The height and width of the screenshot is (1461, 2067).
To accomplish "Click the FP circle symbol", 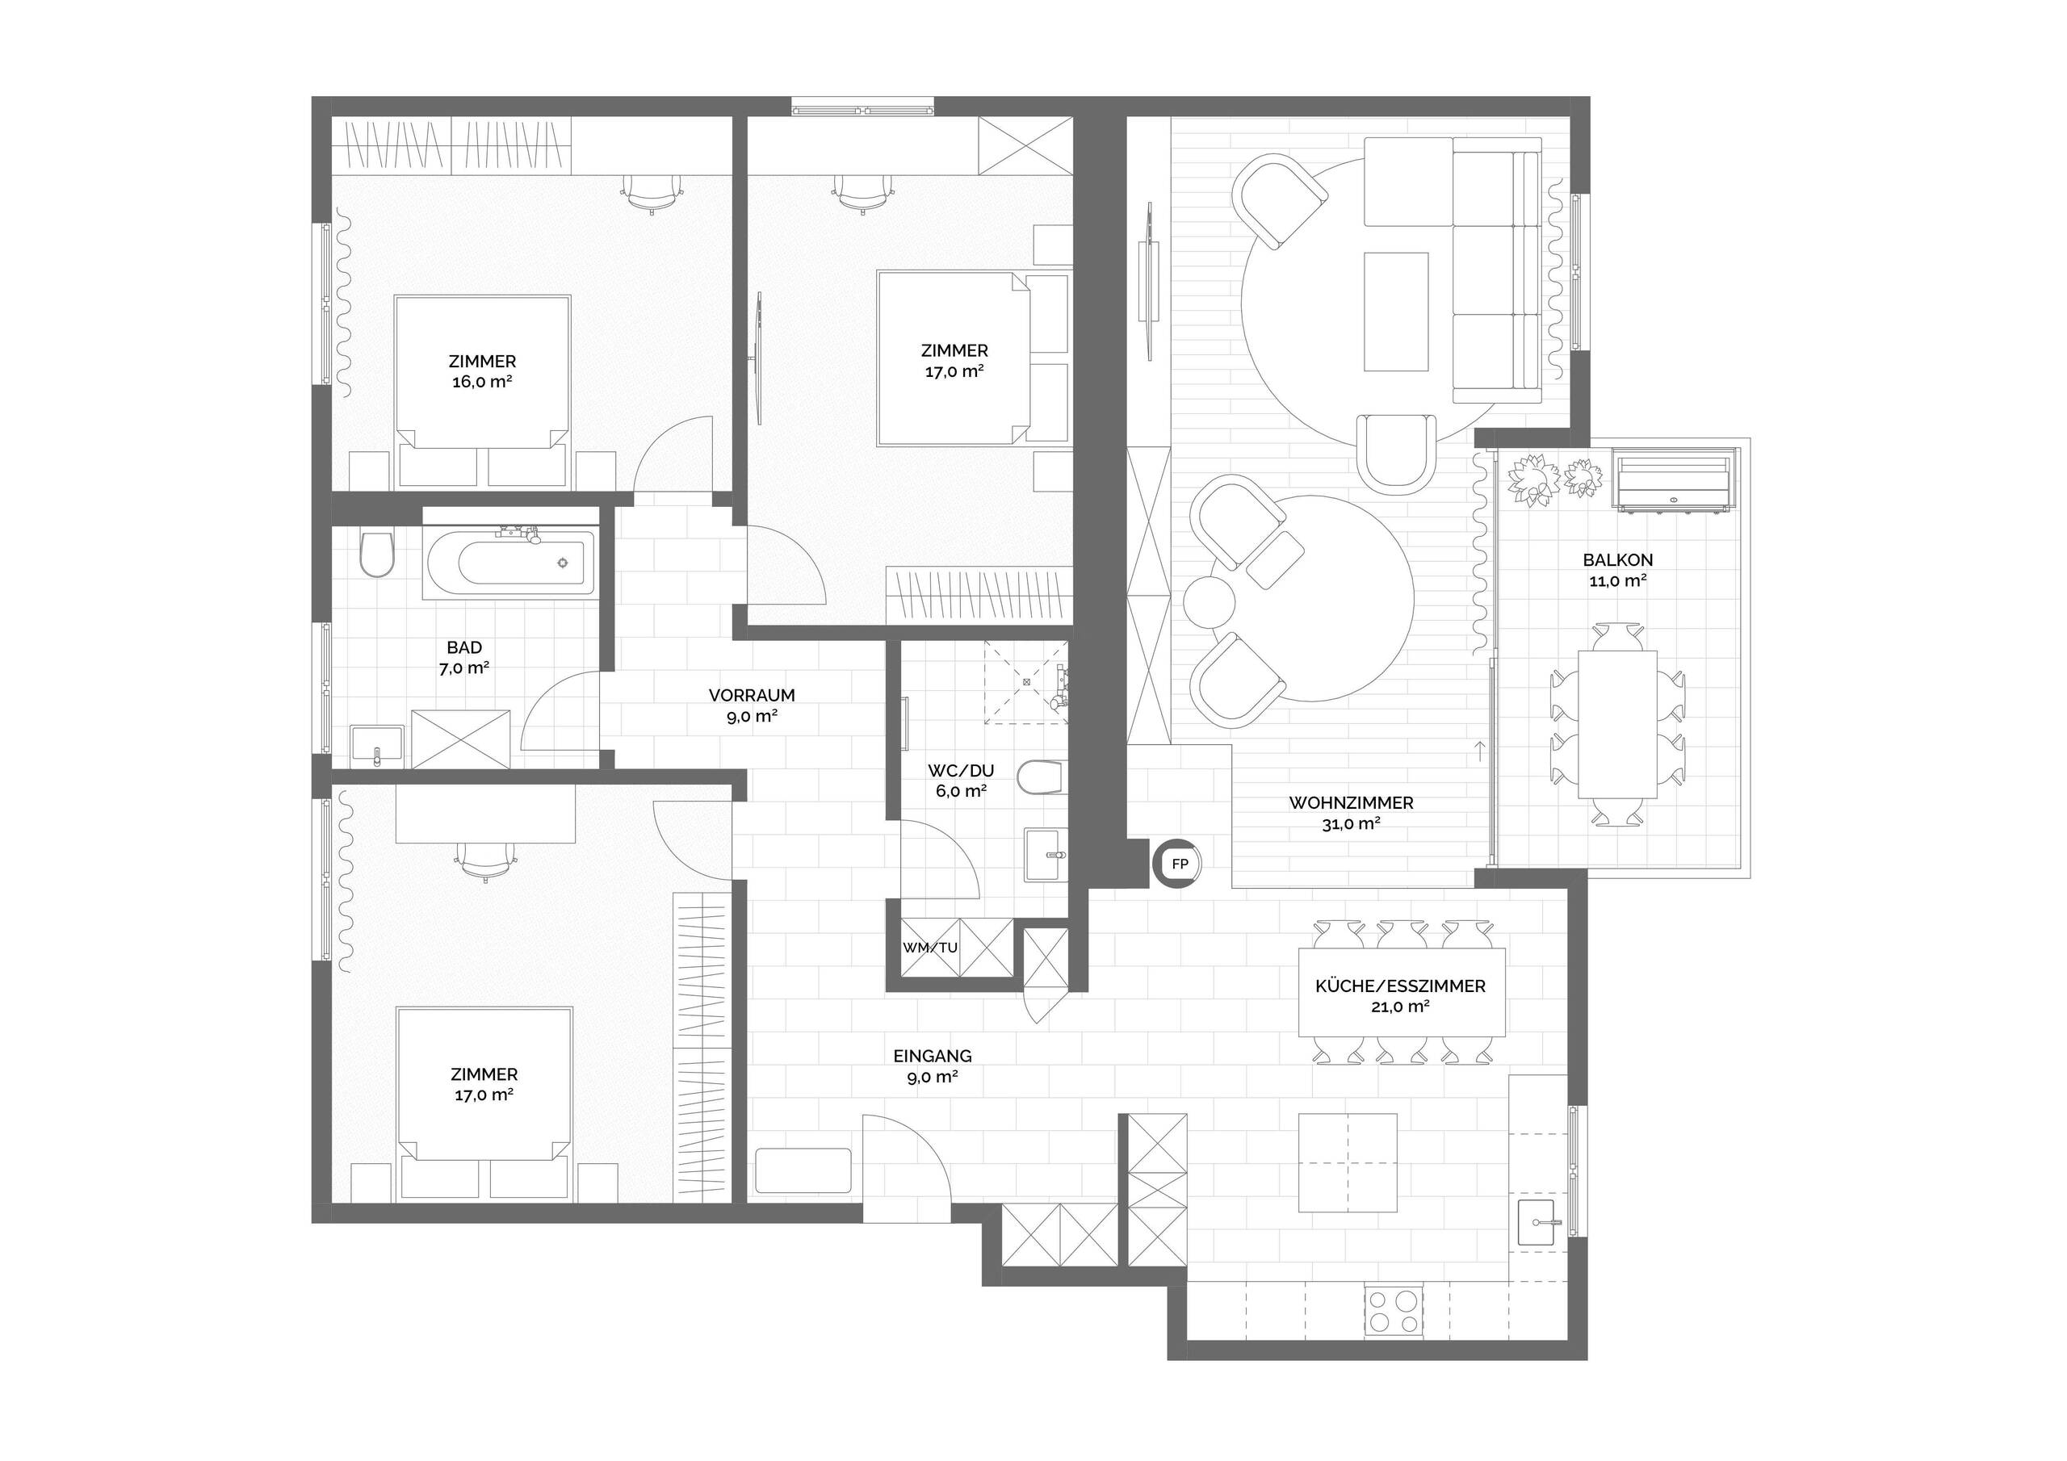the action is (x=1180, y=864).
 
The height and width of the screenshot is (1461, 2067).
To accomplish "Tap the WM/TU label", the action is (x=930, y=948).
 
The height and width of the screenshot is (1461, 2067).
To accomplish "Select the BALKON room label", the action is (x=1618, y=560).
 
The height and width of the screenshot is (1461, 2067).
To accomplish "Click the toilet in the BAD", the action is (x=377, y=555).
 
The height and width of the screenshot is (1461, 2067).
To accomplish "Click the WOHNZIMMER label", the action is (x=1352, y=803).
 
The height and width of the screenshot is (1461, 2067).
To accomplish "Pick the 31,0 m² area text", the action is (x=1352, y=823).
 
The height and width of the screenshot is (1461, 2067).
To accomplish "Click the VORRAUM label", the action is (x=752, y=696).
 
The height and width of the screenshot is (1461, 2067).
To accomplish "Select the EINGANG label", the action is (x=933, y=1056).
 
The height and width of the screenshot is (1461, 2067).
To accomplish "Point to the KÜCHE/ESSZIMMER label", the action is (x=1401, y=986).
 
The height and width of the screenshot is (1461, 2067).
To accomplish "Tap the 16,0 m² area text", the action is (x=483, y=382).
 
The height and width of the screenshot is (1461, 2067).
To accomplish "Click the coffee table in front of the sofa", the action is (x=1396, y=312).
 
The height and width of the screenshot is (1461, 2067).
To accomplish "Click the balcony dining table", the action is (x=1618, y=724).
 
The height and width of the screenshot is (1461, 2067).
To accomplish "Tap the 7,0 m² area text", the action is (x=464, y=668).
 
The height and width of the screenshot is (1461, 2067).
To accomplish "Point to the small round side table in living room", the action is (x=1207, y=601).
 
